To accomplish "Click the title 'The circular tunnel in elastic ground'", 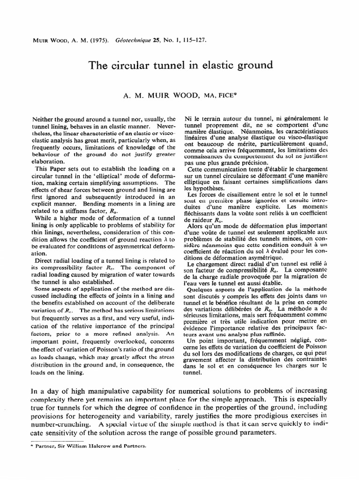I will (x=180, y=65).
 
